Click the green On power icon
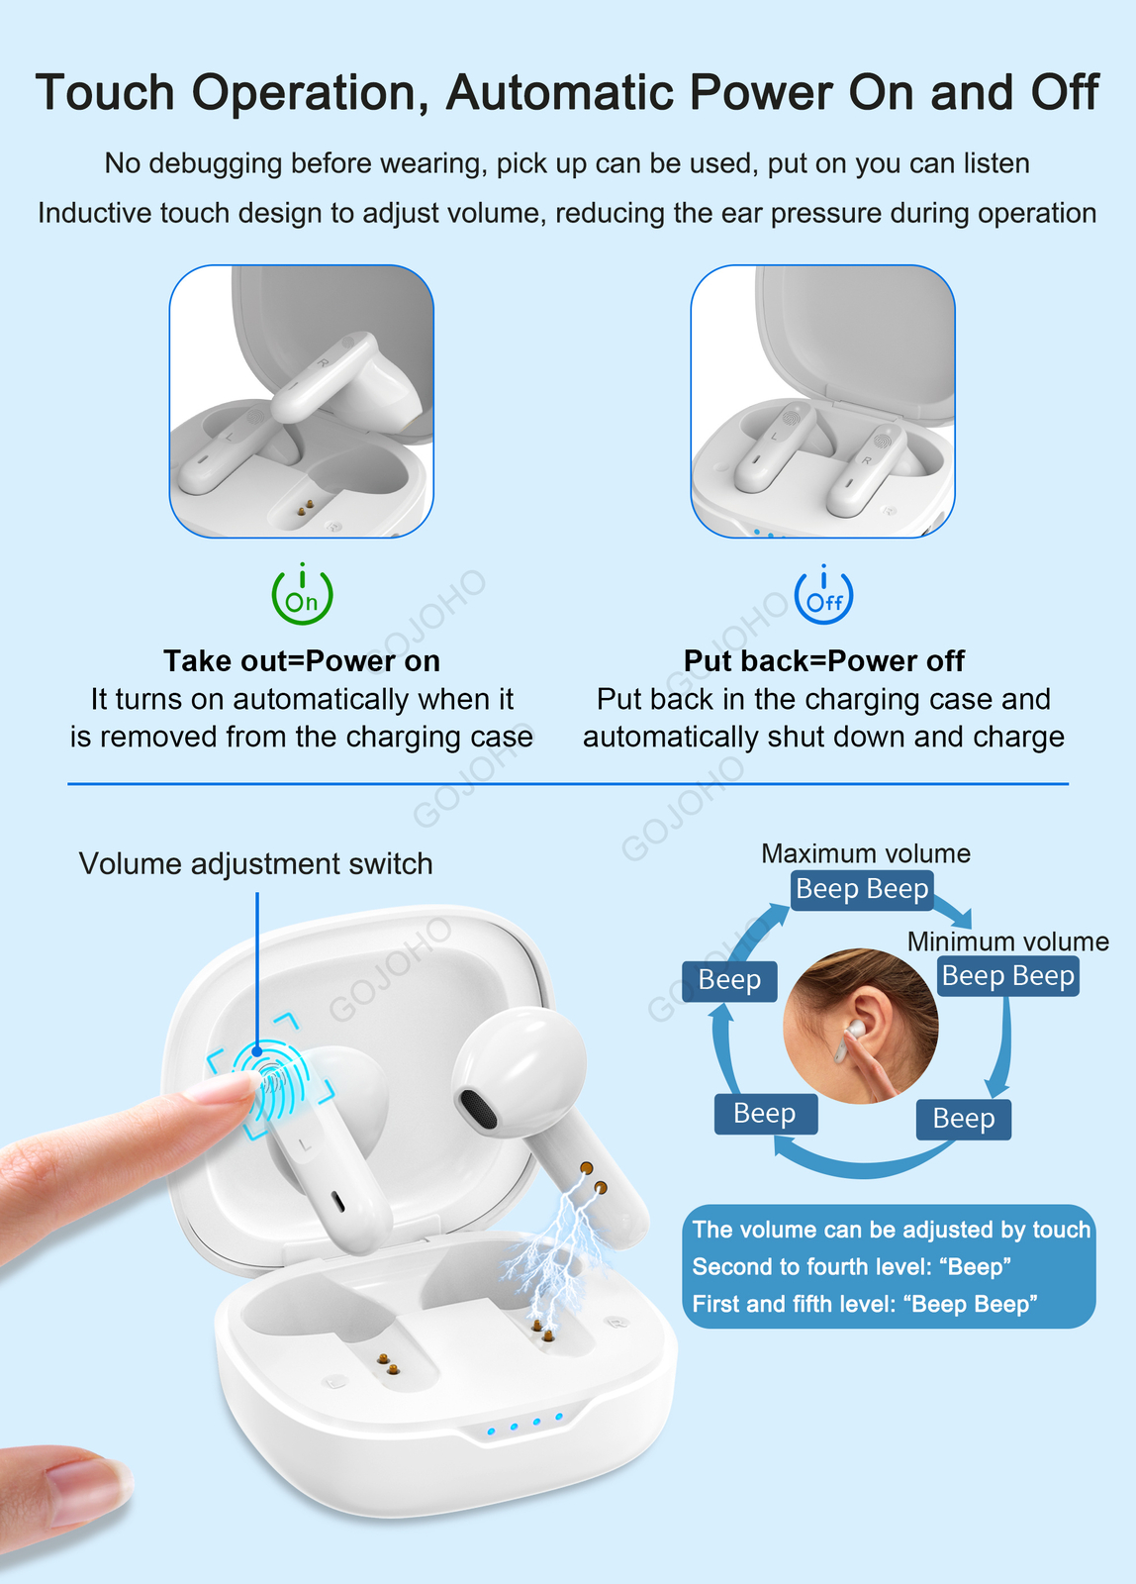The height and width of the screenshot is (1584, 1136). pyautogui.click(x=302, y=594)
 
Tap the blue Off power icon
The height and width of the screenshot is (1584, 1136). pyautogui.click(x=823, y=594)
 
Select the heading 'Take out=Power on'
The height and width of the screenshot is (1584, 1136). pyautogui.click(x=302, y=661)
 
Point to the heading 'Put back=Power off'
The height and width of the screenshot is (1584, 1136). pyautogui.click(x=823, y=661)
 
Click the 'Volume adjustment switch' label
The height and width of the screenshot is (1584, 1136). pyautogui.click(x=255, y=863)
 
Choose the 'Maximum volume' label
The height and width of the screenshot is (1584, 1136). pyautogui.click(x=865, y=853)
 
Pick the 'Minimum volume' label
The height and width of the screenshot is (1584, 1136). pyautogui.click(x=1008, y=941)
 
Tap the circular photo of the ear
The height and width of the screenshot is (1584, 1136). pyautogui.click(x=861, y=1026)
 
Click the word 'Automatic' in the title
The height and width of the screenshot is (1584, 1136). pyautogui.click(x=560, y=92)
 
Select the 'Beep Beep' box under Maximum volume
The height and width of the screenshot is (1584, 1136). pyautogui.click(x=862, y=889)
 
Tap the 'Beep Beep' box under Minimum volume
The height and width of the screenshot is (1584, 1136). pyautogui.click(x=1008, y=976)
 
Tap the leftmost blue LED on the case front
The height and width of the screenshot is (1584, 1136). pyautogui.click(x=491, y=1432)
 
